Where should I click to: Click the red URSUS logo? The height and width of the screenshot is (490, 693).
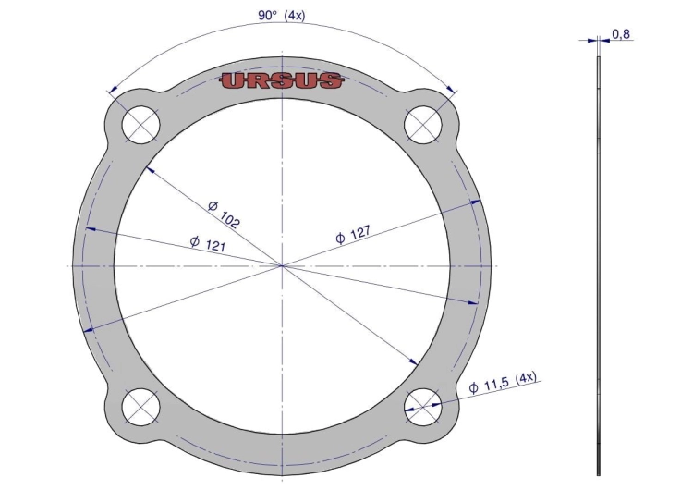(x=281, y=81)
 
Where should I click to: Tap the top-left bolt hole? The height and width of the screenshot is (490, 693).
(x=140, y=124)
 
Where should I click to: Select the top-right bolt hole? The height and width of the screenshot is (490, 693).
(x=423, y=124)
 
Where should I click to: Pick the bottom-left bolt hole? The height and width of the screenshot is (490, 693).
(x=140, y=408)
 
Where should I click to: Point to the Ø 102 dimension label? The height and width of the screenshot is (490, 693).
(x=224, y=214)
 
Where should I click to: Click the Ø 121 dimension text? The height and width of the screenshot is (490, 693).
(x=208, y=244)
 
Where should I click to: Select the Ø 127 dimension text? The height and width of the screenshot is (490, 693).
(x=353, y=235)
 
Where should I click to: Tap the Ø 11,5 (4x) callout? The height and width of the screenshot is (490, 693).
(x=503, y=382)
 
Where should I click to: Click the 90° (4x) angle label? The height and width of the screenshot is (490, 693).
(x=282, y=16)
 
